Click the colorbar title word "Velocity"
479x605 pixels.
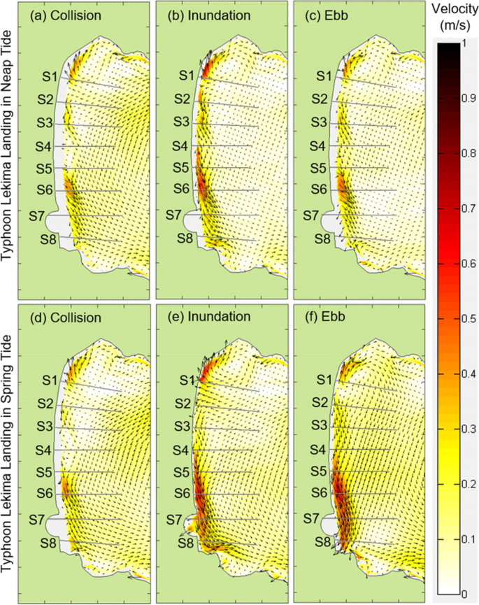tap(454, 10)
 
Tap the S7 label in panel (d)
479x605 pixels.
tap(37, 520)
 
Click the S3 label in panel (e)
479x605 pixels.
tap(182, 426)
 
